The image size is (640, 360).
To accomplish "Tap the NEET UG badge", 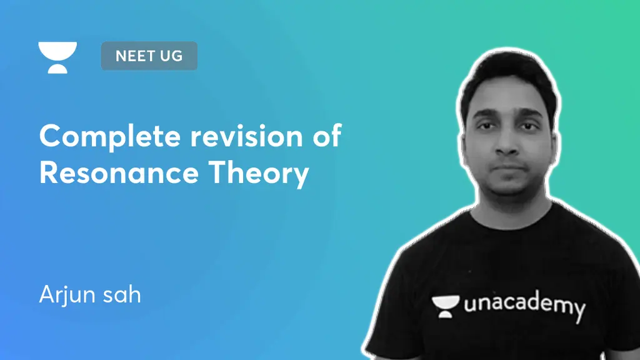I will (149, 56).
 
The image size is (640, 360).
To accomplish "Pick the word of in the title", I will (327, 136).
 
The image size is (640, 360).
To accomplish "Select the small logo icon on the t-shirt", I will (445, 305).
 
